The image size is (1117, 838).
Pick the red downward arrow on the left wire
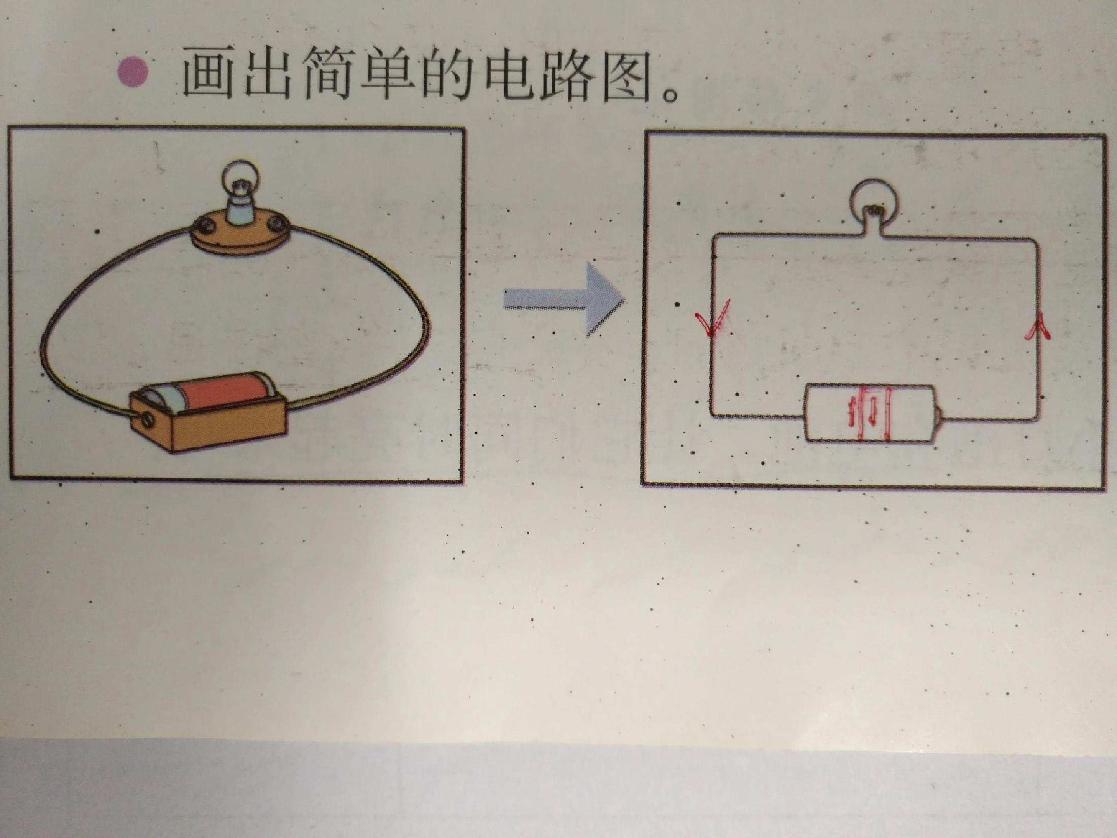tap(712, 326)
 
